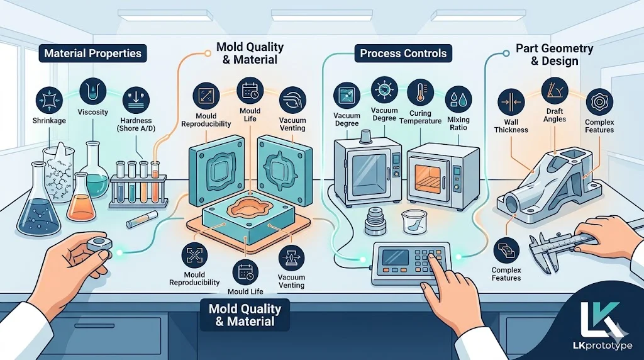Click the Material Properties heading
[92, 53]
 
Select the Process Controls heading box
[403, 53]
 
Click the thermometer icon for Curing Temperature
[419, 93]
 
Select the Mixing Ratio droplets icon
[458, 99]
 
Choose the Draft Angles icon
[553, 90]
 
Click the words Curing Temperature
[420, 116]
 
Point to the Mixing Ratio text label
[458, 123]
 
